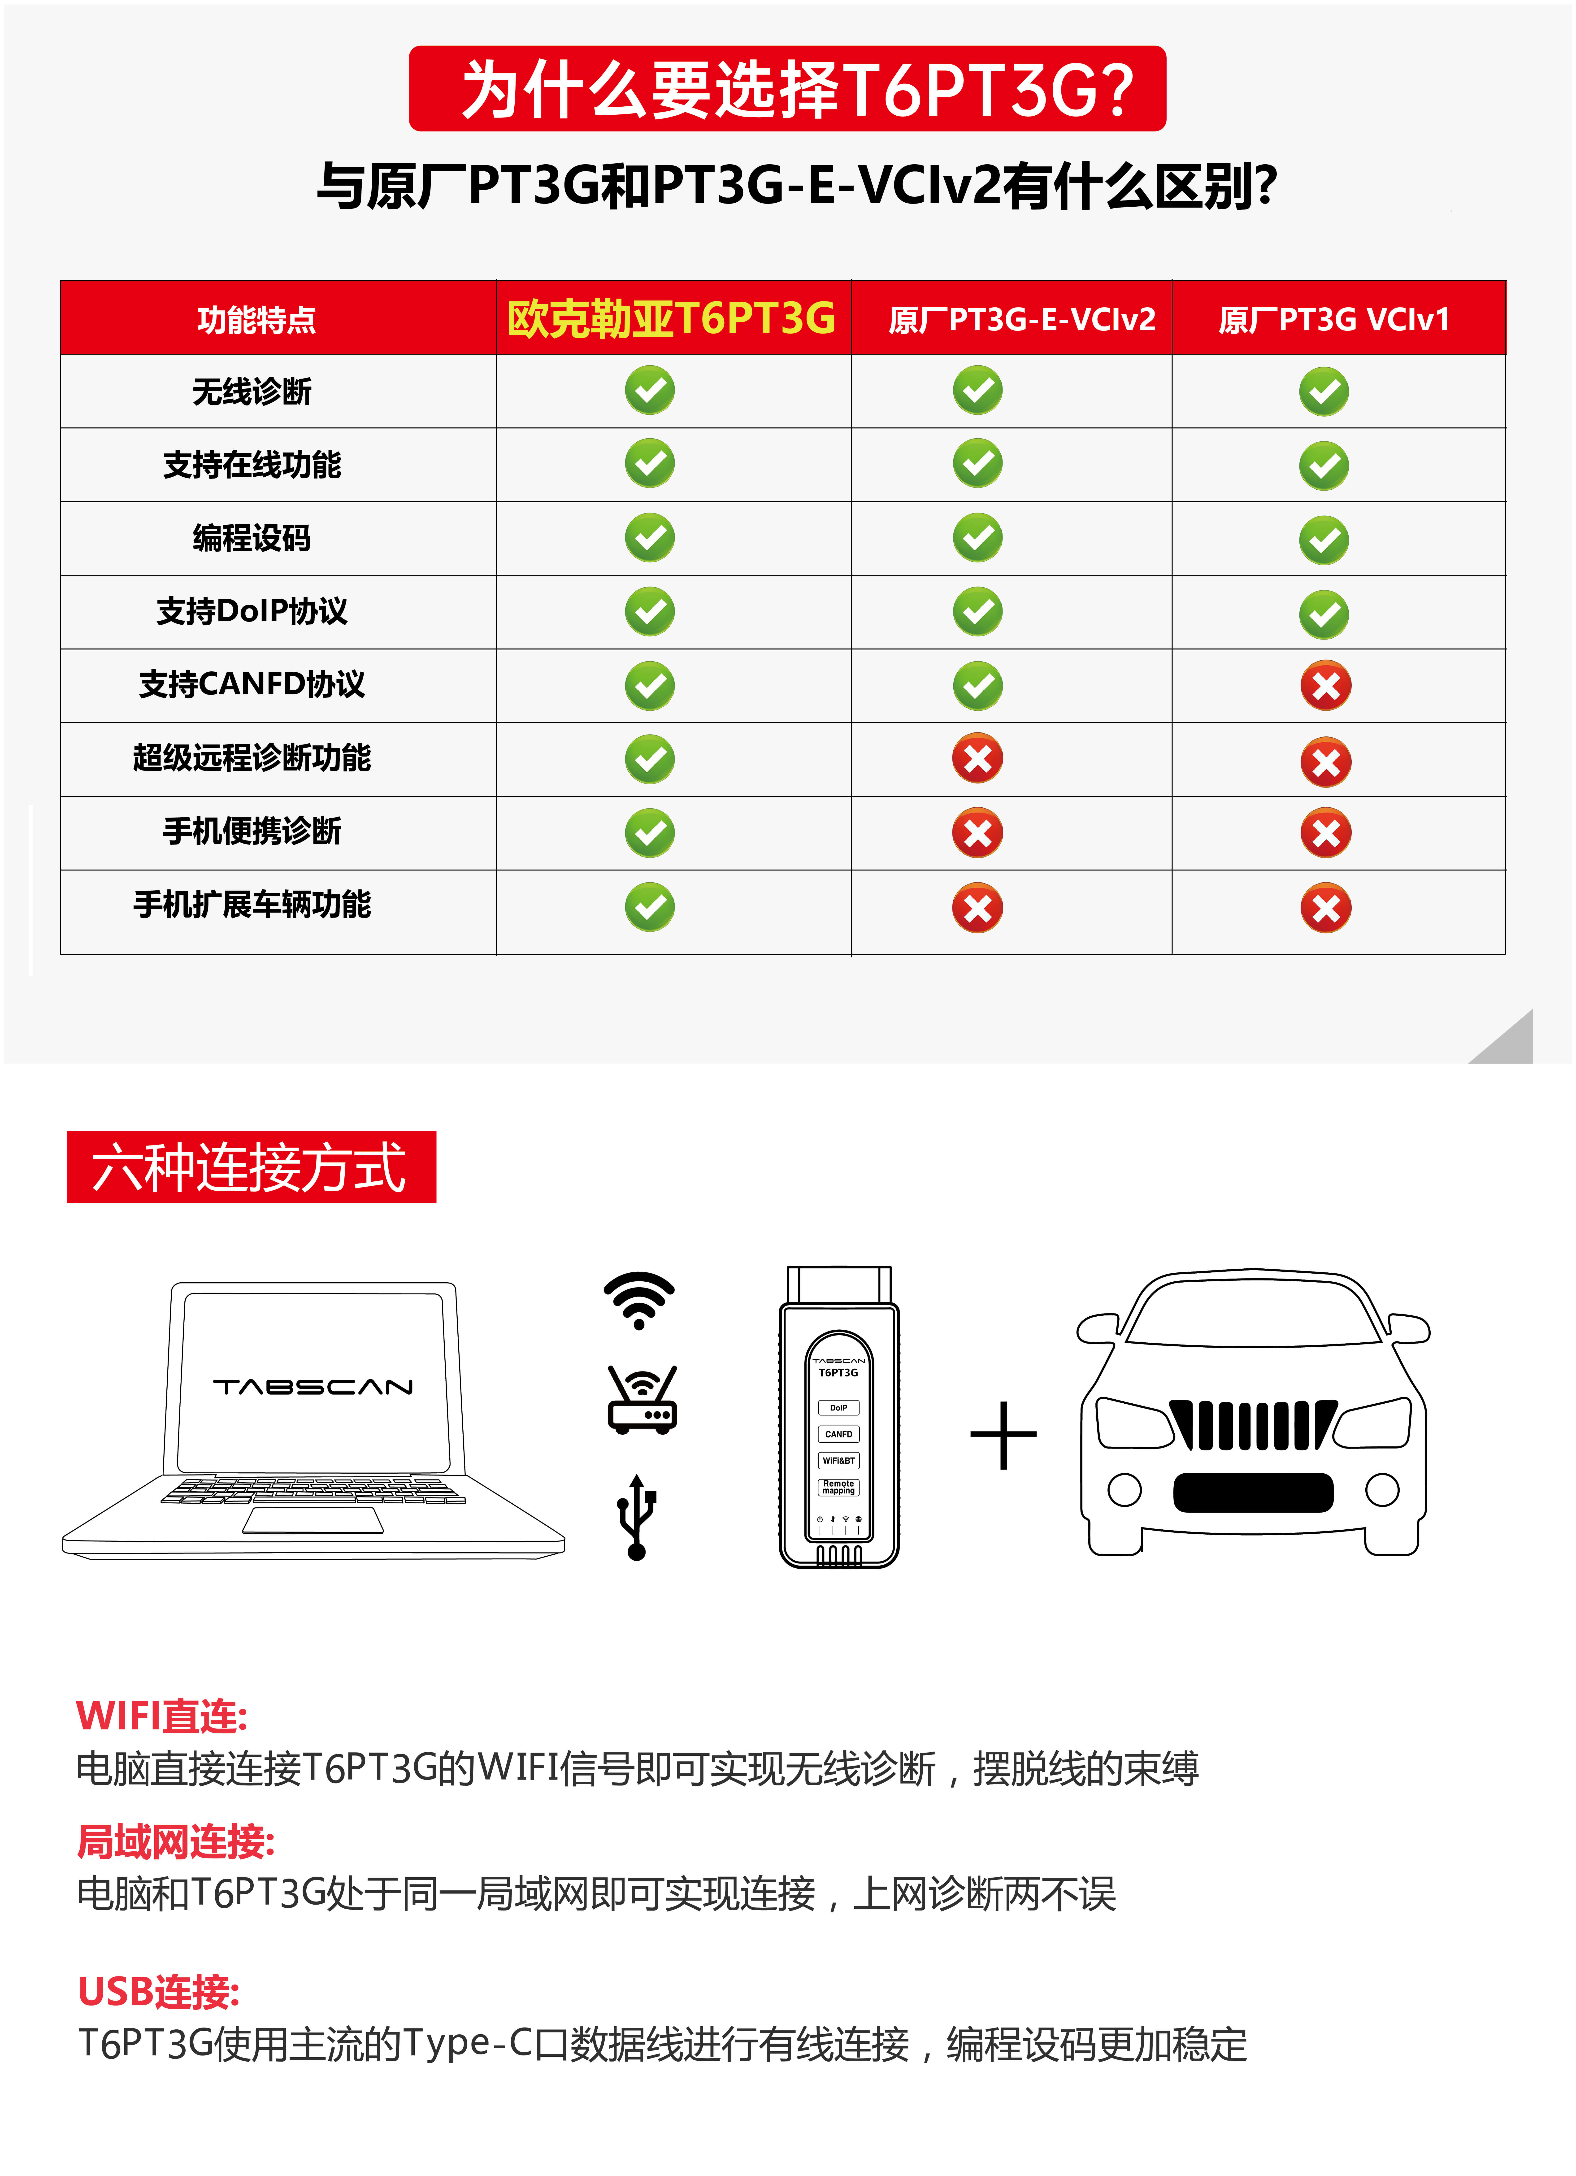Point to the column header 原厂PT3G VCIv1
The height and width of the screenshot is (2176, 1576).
point(1333,318)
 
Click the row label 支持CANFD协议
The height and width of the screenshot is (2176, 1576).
point(252,684)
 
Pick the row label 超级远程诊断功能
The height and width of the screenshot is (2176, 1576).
point(252,758)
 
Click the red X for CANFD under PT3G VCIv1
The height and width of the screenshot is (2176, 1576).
point(1326,685)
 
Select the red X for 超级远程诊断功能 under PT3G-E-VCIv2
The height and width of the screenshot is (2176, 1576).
point(977,759)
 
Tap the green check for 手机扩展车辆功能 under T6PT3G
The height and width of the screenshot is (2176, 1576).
point(649,907)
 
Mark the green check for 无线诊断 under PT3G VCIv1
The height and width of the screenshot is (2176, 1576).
point(1324,392)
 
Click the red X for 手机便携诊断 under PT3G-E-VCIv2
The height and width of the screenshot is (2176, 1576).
point(977,833)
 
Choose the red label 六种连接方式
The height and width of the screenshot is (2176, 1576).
point(250,1167)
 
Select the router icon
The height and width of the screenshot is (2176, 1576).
point(642,1401)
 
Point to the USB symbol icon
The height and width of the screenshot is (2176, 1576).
point(636,1516)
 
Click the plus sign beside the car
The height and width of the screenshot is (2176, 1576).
point(1003,1435)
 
